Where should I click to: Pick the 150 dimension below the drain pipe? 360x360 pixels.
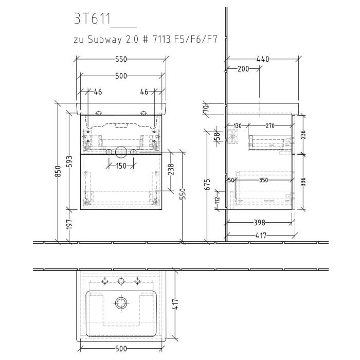coord(121,166)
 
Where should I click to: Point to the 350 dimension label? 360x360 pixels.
coord(263,181)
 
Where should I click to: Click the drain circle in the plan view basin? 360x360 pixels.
coord(121,303)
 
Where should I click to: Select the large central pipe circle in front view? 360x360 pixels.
coord(121,152)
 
